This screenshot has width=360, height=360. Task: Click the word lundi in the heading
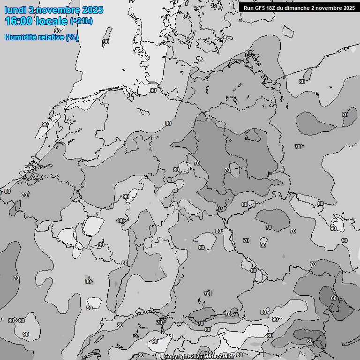(x=15, y=10)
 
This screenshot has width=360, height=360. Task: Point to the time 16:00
(x=18, y=21)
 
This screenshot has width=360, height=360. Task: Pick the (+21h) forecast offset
(x=81, y=21)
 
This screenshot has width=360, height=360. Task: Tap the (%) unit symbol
(x=72, y=37)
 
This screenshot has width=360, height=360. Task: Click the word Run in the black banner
(x=249, y=7)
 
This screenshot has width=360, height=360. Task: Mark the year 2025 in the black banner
(x=349, y=7)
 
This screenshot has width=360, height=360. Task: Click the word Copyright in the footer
(x=176, y=357)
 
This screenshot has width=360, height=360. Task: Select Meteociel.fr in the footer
(x=220, y=357)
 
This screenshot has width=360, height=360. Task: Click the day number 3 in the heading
(x=30, y=10)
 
